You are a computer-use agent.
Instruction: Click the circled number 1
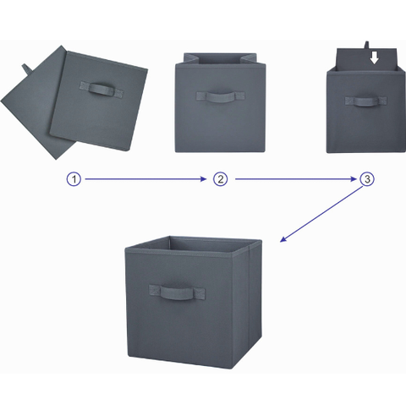(74, 179)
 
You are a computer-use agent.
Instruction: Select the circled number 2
(220, 179)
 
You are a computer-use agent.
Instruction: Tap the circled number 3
(366, 179)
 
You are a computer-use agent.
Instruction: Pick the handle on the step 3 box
(363, 101)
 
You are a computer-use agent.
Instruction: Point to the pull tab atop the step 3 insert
(369, 43)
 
